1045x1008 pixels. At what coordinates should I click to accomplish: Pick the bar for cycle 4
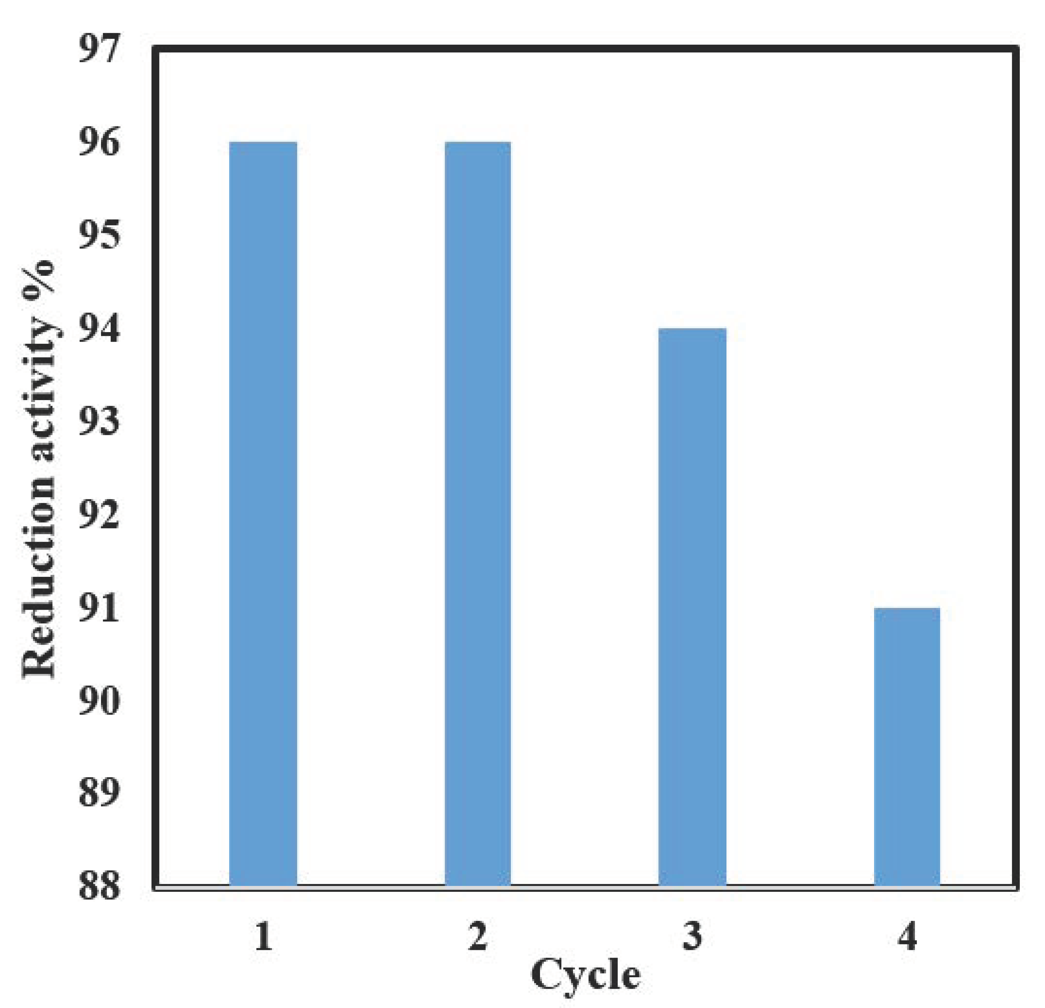click(907, 746)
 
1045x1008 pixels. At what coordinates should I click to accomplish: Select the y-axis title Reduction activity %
click(39, 469)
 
